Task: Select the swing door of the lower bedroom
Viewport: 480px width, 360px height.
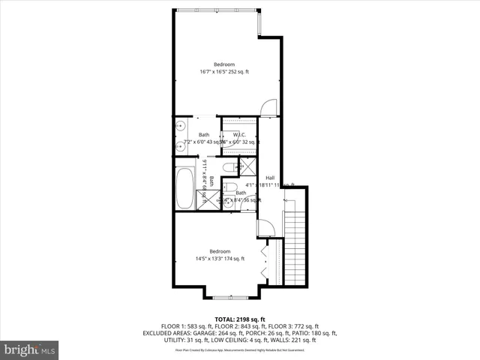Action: click(x=265, y=228)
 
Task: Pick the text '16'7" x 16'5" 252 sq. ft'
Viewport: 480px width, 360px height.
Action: click(x=223, y=72)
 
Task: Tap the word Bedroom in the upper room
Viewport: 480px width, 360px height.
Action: click(x=223, y=64)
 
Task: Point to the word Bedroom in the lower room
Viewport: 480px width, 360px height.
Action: click(x=219, y=251)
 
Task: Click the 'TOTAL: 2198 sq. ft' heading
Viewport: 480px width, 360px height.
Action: click(x=240, y=319)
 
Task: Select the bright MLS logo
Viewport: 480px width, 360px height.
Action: click(x=30, y=349)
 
